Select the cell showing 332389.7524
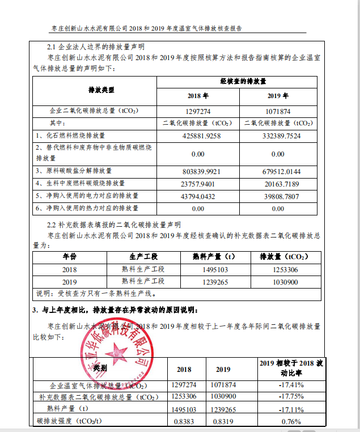click(x=278, y=136)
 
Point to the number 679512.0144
click(x=278, y=171)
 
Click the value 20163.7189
click(x=278, y=184)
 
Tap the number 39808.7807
click(x=278, y=196)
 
